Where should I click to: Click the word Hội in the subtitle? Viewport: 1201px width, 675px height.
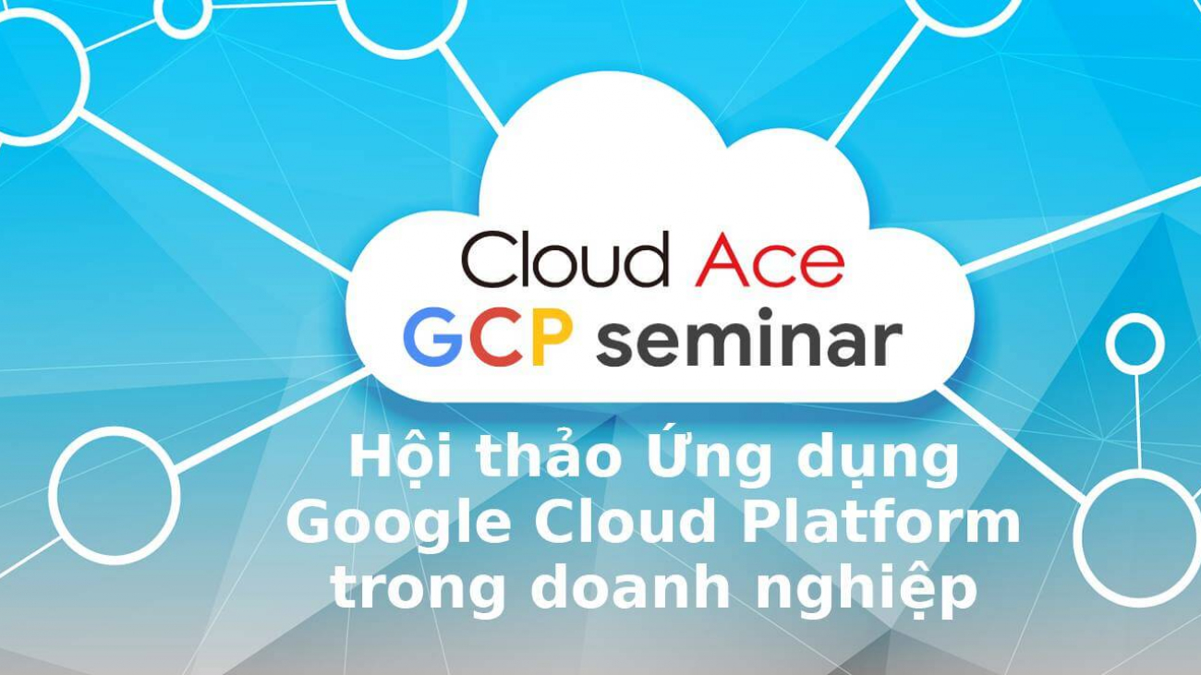coord(389,458)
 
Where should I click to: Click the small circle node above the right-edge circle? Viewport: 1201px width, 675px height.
coord(1134,344)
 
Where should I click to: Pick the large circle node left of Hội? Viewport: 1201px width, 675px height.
coord(115,494)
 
